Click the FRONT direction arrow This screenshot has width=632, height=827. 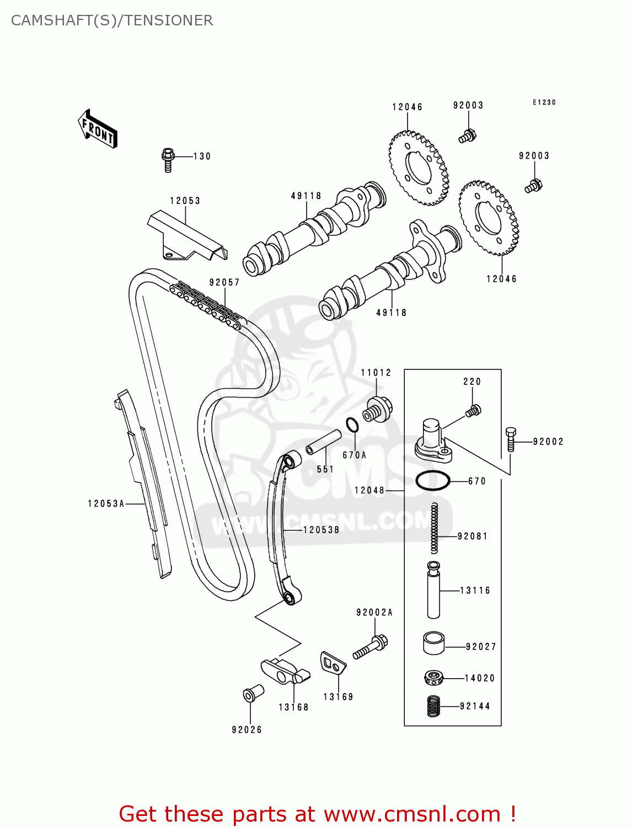click(98, 129)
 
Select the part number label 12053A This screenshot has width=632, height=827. click(106, 503)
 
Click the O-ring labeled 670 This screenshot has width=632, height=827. click(432, 481)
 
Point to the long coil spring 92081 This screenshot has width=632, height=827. click(435, 528)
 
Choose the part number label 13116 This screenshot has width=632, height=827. click(475, 590)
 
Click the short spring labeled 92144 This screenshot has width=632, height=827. click(434, 706)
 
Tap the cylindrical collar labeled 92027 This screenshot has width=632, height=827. click(434, 643)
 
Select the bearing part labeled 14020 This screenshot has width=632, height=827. click(434, 678)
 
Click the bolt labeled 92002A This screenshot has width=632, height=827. click(371, 648)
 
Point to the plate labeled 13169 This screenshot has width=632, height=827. click(333, 663)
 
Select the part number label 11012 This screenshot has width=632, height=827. click(376, 373)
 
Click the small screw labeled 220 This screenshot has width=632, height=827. click(473, 411)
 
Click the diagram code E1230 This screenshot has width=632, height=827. click(544, 103)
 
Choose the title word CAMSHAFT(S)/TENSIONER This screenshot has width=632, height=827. click(112, 20)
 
